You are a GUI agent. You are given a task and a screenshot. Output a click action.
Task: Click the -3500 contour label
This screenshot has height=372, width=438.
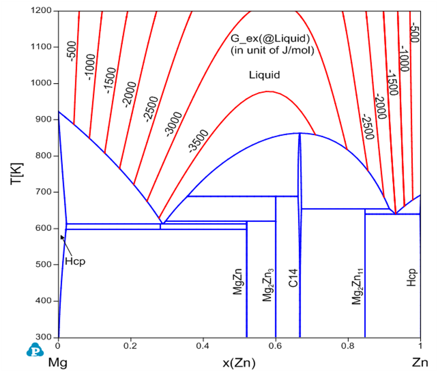[x=198, y=141]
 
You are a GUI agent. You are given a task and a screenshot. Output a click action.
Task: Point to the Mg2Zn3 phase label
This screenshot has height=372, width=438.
[x=268, y=285]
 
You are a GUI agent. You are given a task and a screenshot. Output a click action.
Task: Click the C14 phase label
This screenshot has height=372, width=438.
[x=293, y=278]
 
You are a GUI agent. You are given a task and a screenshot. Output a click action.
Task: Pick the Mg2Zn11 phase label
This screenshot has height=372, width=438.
[x=357, y=286]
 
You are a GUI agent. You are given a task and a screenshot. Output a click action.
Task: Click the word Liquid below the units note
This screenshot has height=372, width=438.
[x=264, y=75]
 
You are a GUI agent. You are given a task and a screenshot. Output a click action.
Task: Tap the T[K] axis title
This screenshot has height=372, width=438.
[x=16, y=174]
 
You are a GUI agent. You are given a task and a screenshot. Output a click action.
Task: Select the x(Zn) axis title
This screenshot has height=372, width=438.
[x=239, y=363]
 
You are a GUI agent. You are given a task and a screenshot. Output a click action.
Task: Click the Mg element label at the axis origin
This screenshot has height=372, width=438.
[x=58, y=363]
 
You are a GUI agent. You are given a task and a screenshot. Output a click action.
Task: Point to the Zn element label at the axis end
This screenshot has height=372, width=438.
[x=420, y=363]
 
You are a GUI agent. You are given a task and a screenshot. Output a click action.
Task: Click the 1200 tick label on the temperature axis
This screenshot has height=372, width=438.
[x=41, y=10]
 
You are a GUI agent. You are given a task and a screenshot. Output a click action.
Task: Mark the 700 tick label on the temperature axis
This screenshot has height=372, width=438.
[x=43, y=192]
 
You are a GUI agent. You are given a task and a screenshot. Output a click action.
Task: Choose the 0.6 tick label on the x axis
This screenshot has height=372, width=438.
[x=275, y=346]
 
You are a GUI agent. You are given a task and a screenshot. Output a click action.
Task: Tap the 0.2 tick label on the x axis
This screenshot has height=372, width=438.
[x=131, y=346]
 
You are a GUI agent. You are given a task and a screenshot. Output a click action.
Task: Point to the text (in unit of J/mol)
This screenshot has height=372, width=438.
[x=272, y=50]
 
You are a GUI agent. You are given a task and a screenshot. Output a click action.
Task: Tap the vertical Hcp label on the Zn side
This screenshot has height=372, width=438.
[x=411, y=277]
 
